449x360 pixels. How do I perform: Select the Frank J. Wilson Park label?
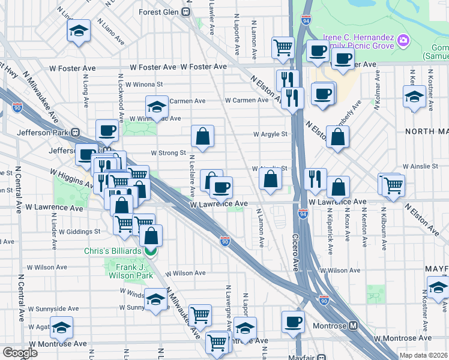(130, 271)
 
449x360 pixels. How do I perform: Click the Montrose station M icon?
(353, 326)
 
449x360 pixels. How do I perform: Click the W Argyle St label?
(270, 134)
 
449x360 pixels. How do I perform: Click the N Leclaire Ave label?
(192, 176)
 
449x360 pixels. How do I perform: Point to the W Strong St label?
(167, 153)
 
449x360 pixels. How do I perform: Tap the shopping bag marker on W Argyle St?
(203, 136)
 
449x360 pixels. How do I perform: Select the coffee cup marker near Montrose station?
(294, 320)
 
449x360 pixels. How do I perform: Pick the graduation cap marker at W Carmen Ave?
(156, 107)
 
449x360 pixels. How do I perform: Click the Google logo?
(20, 353)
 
